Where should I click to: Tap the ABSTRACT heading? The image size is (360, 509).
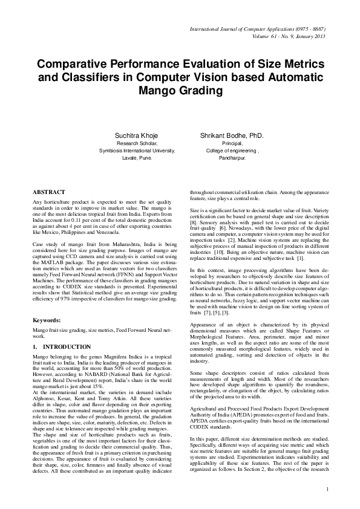coord(48,191)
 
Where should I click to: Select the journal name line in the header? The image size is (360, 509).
coord(257,29)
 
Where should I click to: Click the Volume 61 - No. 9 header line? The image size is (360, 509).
coord(284,36)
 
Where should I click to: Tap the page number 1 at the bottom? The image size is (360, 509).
coord(327,488)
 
